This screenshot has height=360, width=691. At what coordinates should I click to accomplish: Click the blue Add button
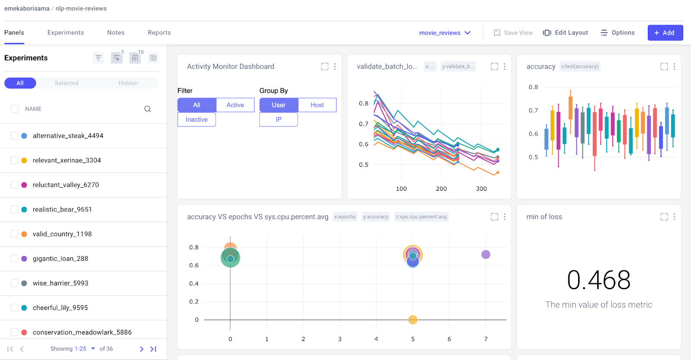tap(665, 33)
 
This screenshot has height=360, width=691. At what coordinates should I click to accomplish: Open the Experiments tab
tap(66, 33)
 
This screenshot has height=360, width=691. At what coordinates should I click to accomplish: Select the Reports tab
tap(159, 33)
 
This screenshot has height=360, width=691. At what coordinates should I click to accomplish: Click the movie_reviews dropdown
tap(444, 33)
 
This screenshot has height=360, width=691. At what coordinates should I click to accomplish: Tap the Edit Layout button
tap(565, 33)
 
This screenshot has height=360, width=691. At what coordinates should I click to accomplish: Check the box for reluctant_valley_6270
tap(14, 185)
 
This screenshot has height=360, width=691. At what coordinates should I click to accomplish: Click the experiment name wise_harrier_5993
tap(60, 283)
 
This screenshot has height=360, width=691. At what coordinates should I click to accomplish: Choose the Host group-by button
tap(317, 105)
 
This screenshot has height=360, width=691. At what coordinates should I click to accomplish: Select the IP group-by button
tap(279, 120)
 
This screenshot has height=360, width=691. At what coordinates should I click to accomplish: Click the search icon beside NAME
tap(147, 109)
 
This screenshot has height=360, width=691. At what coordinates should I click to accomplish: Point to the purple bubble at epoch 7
tap(485, 254)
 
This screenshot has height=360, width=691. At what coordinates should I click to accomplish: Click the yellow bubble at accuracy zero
tap(412, 320)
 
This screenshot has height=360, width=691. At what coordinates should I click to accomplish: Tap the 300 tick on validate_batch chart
tap(481, 189)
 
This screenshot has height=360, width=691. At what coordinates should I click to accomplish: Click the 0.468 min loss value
tap(599, 280)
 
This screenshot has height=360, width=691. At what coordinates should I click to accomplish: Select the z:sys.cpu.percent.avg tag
tap(421, 217)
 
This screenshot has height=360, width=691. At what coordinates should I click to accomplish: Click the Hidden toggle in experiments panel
tap(128, 83)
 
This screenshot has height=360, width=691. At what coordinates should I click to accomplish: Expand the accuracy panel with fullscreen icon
tap(664, 66)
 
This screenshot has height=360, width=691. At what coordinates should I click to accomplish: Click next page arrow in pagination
tap(141, 349)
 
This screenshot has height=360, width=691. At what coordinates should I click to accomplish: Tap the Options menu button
tap(617, 33)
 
